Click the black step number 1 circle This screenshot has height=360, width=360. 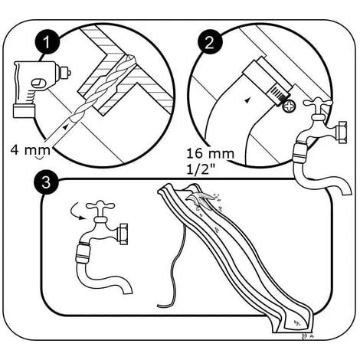click(x=47, y=42)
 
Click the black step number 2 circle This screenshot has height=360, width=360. click(x=209, y=42)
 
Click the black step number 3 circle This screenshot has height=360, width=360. click(x=46, y=182)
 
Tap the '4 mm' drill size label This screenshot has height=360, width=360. click(x=30, y=150)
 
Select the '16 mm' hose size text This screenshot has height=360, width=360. click(x=211, y=154)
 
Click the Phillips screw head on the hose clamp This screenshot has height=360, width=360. click(x=289, y=106)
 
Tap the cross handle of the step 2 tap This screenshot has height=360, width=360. click(x=318, y=103)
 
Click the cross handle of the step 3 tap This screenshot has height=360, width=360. click(x=100, y=206)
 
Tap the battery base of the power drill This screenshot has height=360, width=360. click(x=24, y=110)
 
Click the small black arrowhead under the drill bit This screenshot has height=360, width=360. click(x=66, y=126)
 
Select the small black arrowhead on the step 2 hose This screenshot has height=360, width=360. click(x=247, y=100)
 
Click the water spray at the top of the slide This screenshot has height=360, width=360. click(x=204, y=200)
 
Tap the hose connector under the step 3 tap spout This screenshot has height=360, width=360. click(x=82, y=254)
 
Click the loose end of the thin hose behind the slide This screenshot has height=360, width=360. click(x=159, y=306)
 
